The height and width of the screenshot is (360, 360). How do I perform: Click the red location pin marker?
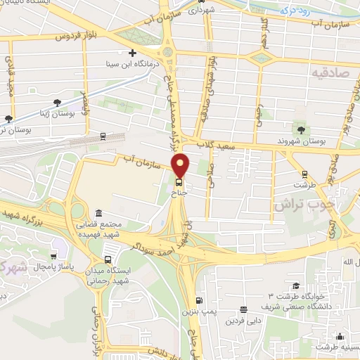[181, 165]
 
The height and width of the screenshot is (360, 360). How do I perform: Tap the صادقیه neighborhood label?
[331, 72]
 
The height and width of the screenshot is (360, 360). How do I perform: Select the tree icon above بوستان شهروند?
[300, 130]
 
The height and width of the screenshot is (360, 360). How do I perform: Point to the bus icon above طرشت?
[304, 174]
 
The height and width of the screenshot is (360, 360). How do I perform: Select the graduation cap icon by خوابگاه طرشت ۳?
[296, 286]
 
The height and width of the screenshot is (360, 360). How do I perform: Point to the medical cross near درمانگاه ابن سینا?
[132, 53]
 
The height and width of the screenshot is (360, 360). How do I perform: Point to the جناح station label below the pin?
[181, 189]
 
